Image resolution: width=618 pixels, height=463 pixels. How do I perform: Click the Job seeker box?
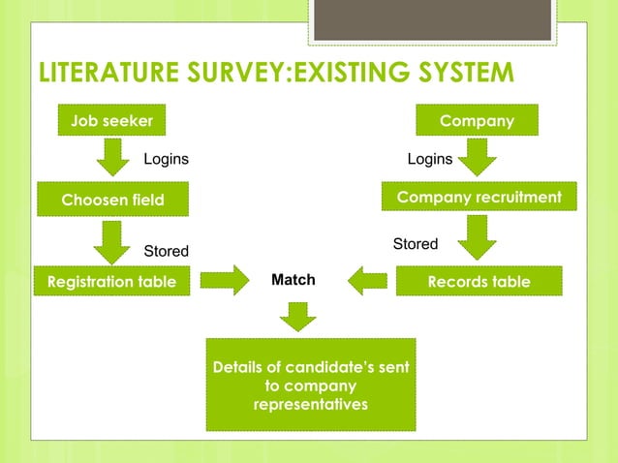coord(111,121)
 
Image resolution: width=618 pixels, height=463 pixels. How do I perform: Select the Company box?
coord(477,121)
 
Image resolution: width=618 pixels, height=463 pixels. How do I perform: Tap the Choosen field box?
coord(112,200)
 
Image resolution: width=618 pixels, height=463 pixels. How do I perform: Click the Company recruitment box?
coord(479,198)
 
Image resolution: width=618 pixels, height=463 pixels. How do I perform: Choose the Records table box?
coord(479,282)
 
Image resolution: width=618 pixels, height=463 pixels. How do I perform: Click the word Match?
coord(294,280)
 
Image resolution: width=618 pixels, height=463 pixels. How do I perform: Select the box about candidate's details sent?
coord(311,385)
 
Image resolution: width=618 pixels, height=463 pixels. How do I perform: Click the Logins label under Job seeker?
coord(167,159)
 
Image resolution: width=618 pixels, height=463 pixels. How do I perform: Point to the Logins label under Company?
coord(429,159)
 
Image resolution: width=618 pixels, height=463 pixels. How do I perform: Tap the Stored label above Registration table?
coord(167,252)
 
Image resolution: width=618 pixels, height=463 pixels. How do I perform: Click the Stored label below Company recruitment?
coord(416,244)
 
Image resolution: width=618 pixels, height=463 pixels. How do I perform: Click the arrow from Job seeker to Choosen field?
coord(113,157)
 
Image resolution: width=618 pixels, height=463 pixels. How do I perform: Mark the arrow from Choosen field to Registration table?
coord(113,241)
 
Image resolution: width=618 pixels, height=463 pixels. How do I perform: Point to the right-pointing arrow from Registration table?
coord(225,282)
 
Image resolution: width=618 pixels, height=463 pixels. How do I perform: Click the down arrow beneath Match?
coord(298,316)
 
